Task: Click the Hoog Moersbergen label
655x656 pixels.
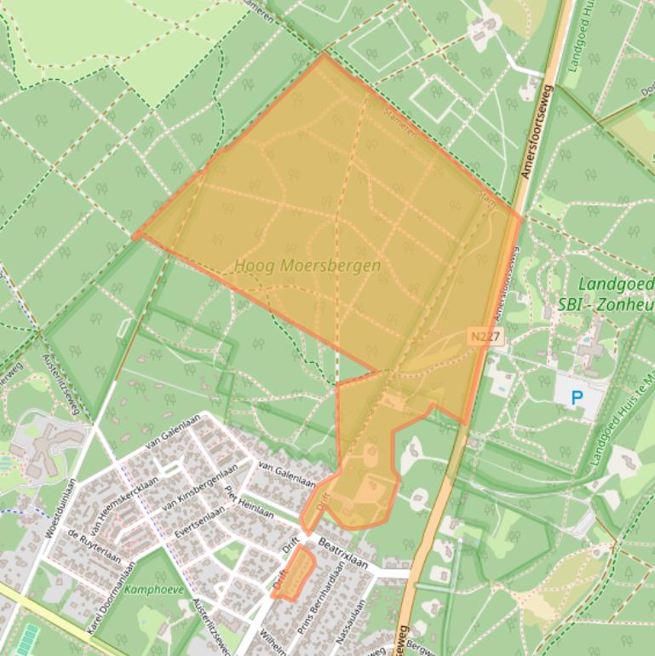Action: pyautogui.click(x=307, y=266)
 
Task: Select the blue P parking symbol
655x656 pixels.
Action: pyautogui.click(x=577, y=396)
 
